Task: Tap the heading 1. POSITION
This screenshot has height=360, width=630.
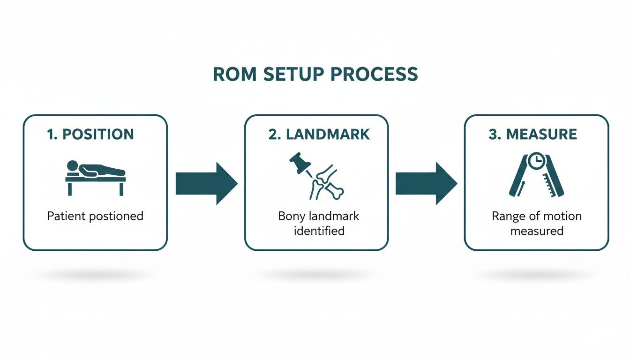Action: coord(90,134)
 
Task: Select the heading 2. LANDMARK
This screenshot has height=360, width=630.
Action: coord(319,134)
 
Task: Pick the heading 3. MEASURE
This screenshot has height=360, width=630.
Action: coord(532,134)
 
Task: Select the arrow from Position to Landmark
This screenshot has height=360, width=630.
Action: coord(206,183)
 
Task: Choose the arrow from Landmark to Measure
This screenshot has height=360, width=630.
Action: coord(426,183)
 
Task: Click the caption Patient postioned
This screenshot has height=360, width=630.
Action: coord(95,216)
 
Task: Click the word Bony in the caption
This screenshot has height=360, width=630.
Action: coord(291,216)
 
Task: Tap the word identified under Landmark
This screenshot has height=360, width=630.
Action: coord(318,231)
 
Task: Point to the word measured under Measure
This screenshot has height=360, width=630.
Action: coord(536,231)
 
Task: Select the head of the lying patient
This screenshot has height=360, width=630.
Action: coord(72,165)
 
